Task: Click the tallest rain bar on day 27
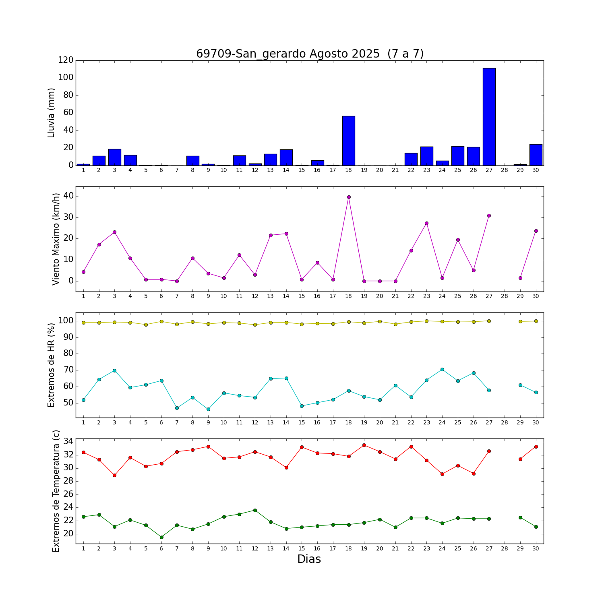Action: point(489,117)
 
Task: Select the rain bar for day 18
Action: point(349,141)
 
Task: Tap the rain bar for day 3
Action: point(115,157)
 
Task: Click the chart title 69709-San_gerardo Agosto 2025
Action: point(310,54)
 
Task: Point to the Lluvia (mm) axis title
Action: point(51,113)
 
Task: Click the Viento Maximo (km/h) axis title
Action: point(56,239)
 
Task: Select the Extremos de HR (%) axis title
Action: point(51,365)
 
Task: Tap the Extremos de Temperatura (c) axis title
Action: point(56,491)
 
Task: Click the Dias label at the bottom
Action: point(309,559)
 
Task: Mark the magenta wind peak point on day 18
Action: point(349,197)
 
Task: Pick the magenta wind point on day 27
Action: point(489,215)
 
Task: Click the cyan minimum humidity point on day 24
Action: point(442,369)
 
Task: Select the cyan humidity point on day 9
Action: point(208,409)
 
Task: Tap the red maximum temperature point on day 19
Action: point(364,445)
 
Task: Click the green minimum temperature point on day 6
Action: point(161,537)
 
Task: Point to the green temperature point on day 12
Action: point(255,510)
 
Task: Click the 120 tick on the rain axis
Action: point(66,60)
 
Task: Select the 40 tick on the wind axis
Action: point(68,196)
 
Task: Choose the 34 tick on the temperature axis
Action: point(68,441)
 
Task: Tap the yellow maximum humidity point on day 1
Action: point(83,323)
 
